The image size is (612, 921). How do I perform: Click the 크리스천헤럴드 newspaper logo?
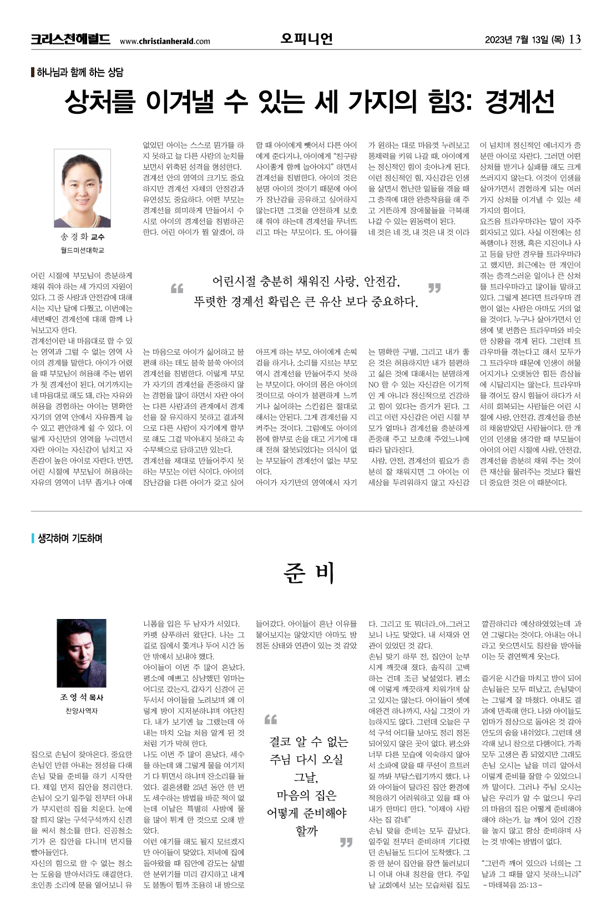pyautogui.click(x=70, y=39)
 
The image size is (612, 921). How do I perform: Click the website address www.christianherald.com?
pyautogui.click(x=165, y=41)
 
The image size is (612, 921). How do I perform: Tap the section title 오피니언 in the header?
pyautogui.click(x=306, y=38)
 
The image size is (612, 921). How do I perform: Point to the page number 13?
pyautogui.click(x=575, y=39)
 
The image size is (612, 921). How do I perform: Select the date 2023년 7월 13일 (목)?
pyautogui.click(x=524, y=39)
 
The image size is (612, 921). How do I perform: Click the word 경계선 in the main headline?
pyautogui.click(x=519, y=102)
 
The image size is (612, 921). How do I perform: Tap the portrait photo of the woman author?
pyautogui.click(x=83, y=188)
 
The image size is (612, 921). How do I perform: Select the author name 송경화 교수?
pyautogui.click(x=82, y=237)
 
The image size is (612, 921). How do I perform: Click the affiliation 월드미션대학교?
pyautogui.click(x=82, y=250)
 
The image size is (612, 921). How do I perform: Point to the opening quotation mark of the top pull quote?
pyautogui.click(x=176, y=288)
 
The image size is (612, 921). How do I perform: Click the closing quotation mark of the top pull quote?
pyautogui.click(x=434, y=288)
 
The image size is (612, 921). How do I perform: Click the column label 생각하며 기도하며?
pyautogui.click(x=70, y=538)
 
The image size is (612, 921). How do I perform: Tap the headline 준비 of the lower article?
pyautogui.click(x=308, y=572)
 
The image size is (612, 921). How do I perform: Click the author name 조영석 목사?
pyautogui.click(x=82, y=697)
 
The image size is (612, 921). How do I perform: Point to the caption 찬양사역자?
pyautogui.click(x=82, y=711)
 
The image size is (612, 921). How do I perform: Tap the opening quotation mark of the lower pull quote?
pyautogui.click(x=270, y=720)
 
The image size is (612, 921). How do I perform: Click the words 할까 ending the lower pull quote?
pyautogui.click(x=306, y=831)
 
